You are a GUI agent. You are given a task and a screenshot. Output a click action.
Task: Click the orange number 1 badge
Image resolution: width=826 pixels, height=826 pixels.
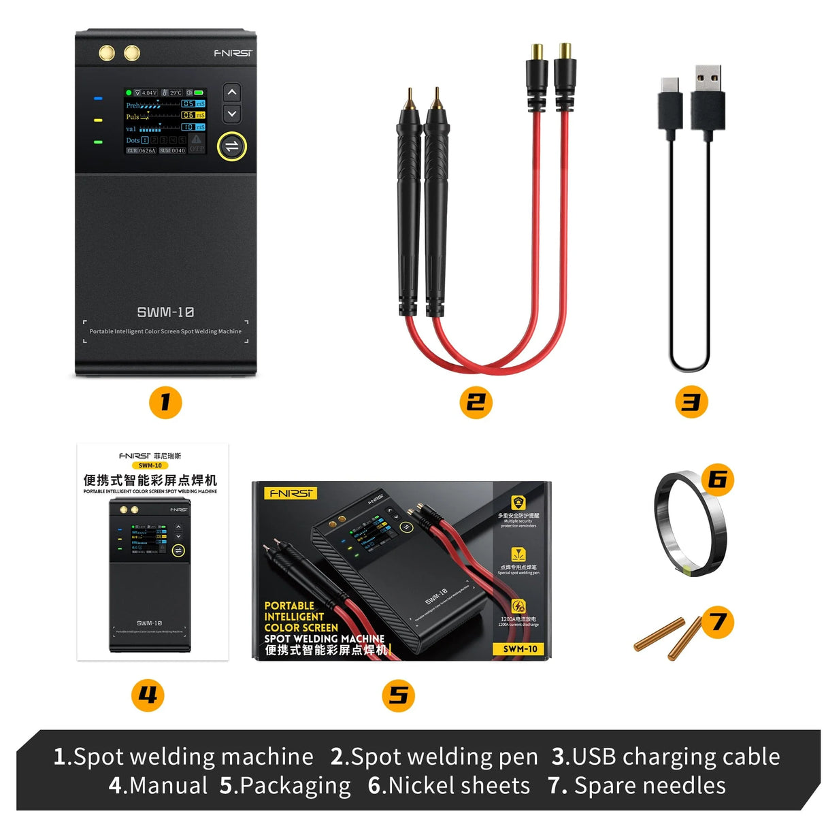(165, 402)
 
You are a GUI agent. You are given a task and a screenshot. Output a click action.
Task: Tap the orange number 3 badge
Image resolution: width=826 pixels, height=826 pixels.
(691, 402)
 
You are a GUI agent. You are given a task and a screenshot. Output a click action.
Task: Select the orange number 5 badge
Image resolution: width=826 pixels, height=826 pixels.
(398, 695)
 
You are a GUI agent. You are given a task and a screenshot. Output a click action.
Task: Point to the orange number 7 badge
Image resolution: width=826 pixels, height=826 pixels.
(717, 621)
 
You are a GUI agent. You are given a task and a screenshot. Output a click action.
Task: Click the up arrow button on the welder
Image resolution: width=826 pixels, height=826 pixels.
(232, 93)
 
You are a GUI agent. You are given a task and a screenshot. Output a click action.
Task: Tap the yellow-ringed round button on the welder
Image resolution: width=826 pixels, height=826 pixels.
(232, 146)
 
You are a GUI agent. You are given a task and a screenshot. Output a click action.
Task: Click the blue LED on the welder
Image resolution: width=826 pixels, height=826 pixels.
(98, 99)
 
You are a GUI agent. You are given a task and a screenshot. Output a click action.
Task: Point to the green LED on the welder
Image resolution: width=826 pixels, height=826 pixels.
(98, 142)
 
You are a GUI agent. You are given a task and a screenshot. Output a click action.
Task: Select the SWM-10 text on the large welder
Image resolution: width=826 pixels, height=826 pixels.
(165, 312)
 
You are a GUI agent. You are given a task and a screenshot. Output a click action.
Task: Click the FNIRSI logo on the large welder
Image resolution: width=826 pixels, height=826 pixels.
(233, 53)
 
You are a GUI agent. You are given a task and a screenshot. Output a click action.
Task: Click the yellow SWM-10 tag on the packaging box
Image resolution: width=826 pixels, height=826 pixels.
(520, 649)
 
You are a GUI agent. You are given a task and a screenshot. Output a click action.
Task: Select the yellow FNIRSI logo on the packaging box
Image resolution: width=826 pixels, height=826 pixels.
(291, 493)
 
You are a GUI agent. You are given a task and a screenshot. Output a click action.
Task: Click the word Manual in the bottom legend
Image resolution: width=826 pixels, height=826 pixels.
(168, 785)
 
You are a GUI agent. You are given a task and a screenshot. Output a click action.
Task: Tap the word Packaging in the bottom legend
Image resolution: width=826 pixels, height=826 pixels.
(295, 785)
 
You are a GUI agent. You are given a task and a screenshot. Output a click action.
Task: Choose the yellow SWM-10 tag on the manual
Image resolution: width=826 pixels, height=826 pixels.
(150, 465)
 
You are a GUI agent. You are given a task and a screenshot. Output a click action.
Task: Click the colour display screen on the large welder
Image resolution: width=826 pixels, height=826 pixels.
(165, 121)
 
